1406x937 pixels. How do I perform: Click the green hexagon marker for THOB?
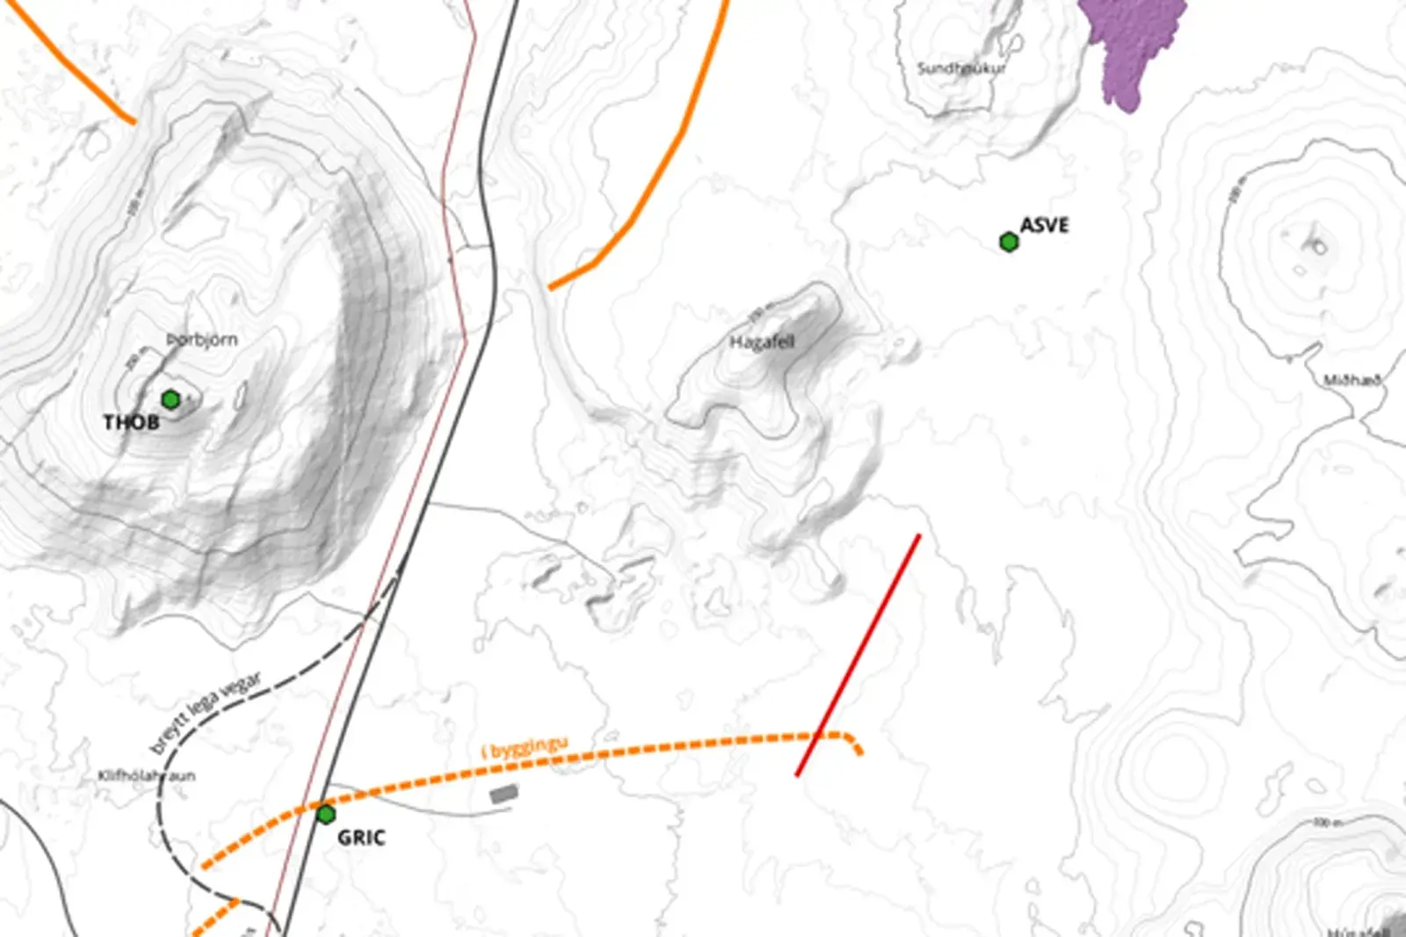[171, 400]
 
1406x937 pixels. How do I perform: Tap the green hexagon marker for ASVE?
[1009, 242]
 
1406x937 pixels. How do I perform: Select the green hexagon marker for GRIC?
[326, 815]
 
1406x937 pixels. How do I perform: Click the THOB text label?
[132, 423]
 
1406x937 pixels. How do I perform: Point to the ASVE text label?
[1045, 226]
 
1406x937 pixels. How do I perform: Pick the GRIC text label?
[361, 838]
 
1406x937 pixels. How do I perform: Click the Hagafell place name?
[762, 342]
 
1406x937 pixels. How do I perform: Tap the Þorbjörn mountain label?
[202, 340]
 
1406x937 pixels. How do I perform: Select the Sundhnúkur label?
[961, 68]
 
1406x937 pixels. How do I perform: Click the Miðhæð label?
[1352, 380]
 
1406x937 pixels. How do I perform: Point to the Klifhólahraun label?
[147, 776]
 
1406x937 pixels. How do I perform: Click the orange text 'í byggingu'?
[525, 748]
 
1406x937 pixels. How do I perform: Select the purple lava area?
[1134, 44]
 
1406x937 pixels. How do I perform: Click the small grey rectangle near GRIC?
[504, 794]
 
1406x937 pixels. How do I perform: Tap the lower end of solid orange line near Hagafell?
[552, 287]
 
